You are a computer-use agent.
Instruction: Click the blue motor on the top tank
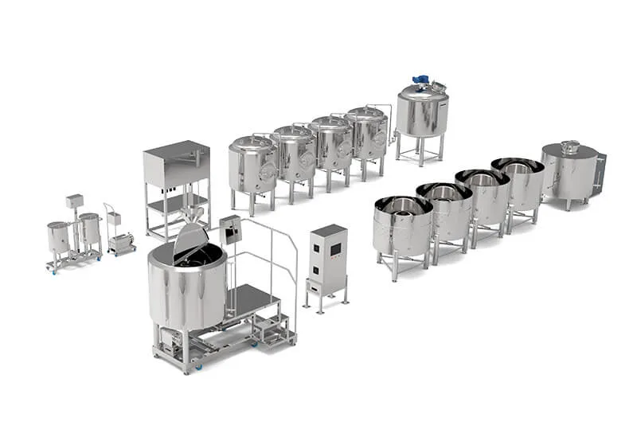(420, 81)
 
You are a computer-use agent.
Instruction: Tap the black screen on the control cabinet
(334, 249)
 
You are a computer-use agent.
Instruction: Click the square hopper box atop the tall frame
(177, 163)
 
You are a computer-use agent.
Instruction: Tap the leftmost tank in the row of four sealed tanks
(252, 166)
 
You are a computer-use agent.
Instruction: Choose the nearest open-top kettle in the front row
(402, 224)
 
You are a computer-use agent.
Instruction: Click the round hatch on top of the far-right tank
(569, 146)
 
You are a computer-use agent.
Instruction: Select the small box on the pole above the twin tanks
(75, 200)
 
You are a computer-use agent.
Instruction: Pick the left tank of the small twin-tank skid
(58, 237)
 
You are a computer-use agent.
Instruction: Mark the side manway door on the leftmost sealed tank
(269, 171)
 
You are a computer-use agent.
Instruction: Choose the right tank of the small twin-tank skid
(89, 230)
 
